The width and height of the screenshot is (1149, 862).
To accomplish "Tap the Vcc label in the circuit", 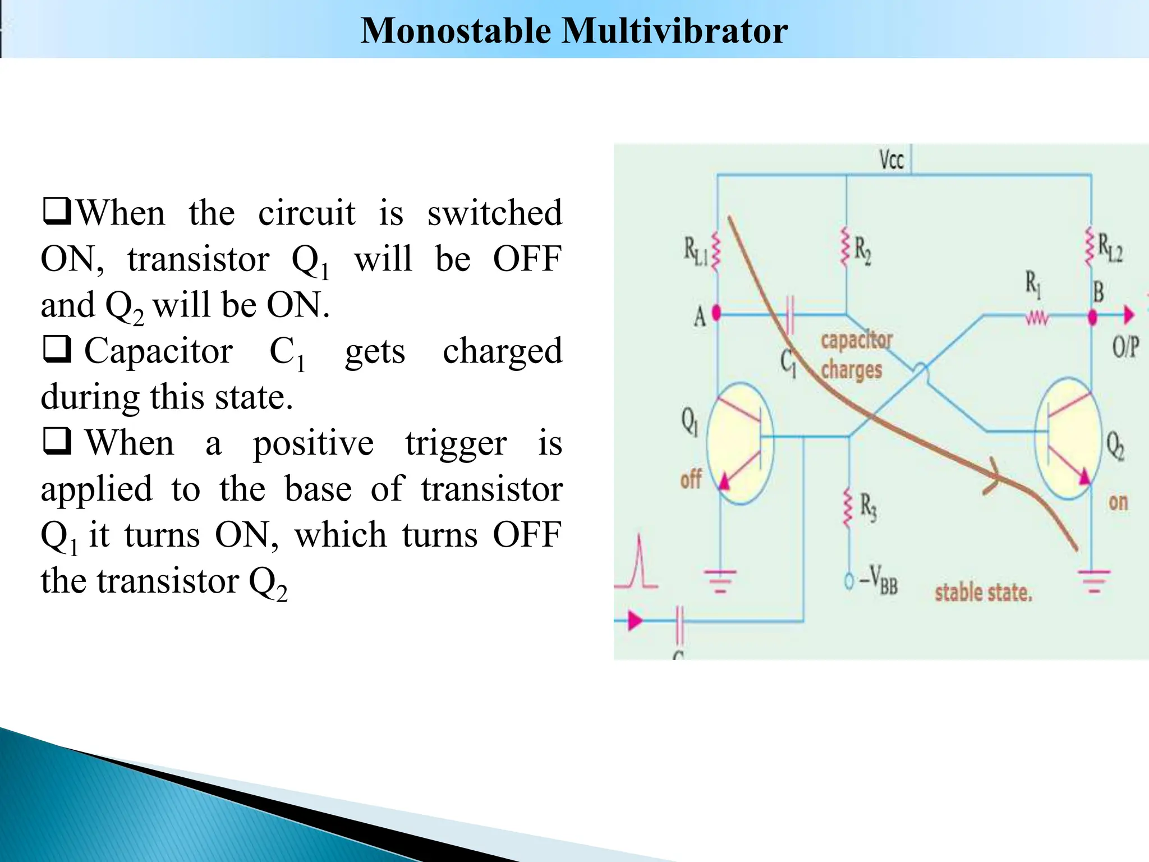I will [891, 160].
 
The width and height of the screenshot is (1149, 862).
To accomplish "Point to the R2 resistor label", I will [863, 251].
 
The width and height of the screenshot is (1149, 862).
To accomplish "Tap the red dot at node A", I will [716, 313].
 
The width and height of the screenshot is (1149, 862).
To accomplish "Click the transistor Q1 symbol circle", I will [739, 443].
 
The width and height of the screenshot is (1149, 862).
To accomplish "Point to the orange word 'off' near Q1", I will [691, 479].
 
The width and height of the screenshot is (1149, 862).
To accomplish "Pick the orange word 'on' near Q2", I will [1118, 502].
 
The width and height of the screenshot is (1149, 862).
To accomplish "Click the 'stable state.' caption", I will [983, 593].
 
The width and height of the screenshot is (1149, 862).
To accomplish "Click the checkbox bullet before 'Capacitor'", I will [57, 349].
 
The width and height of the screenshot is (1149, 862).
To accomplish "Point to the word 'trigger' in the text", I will [456, 443].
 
